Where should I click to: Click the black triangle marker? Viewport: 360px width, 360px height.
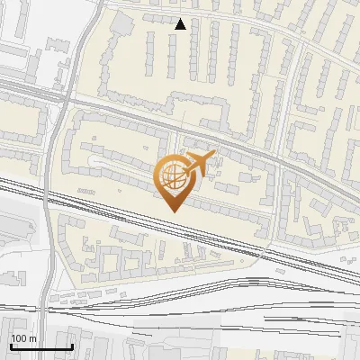click(181, 24)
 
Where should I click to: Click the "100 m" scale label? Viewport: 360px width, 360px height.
click(22, 338)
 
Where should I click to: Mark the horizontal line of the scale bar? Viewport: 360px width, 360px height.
click(40, 346)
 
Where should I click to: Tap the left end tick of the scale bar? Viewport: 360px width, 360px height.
click(10, 345)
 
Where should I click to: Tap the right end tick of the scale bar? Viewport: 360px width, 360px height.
click(72, 345)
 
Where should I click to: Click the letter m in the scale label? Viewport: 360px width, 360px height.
click(32, 338)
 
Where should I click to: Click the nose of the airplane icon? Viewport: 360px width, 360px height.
click(214, 156)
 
